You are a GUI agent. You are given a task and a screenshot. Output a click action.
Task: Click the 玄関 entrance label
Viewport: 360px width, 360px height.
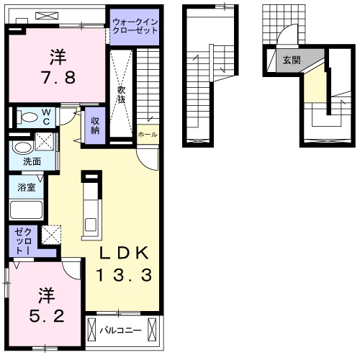292,60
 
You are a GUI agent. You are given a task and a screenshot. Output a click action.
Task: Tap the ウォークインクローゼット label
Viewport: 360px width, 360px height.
135,27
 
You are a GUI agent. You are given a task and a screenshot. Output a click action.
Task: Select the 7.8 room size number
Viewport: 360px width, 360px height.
59,77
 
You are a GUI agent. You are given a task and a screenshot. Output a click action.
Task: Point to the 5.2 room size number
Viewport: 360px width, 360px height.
47,315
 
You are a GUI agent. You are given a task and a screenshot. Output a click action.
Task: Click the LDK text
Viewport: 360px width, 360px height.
124,253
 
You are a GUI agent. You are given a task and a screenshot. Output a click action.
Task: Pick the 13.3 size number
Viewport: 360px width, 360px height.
124,275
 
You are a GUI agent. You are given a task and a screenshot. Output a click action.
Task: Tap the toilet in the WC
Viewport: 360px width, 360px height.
27,117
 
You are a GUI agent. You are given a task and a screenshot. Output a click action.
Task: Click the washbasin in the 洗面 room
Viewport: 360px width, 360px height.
23,148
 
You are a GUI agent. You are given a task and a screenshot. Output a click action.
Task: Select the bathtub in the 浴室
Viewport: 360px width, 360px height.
26,210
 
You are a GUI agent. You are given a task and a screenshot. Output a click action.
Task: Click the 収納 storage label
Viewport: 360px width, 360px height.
95,125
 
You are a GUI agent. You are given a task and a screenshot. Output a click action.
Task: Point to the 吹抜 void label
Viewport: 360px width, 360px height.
122,94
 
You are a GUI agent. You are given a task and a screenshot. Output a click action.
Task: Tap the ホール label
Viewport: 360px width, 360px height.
148,135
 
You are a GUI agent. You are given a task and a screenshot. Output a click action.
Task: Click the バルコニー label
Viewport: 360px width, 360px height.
120,330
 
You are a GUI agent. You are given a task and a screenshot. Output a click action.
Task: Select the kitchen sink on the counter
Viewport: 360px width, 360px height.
91,224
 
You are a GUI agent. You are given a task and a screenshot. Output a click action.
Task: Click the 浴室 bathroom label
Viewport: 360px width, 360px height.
27,187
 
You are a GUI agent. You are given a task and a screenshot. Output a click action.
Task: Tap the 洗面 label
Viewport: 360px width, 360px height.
32,161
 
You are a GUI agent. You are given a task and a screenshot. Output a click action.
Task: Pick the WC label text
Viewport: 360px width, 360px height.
46,117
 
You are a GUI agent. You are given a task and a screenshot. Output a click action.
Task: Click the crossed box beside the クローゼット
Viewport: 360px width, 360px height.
51,235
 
